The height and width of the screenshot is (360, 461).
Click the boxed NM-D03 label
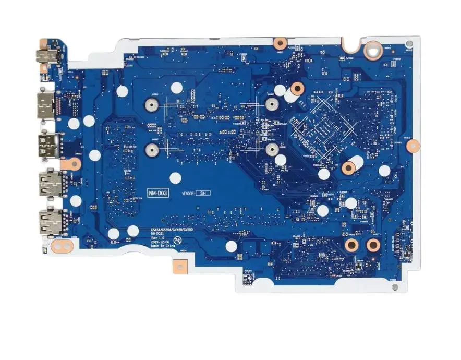tap(157, 194)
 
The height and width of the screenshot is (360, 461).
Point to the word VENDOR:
tap(188, 194)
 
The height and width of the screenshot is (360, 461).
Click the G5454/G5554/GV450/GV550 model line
tap(171, 230)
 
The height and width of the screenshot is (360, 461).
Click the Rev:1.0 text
tap(157, 238)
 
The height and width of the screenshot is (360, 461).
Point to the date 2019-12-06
tap(160, 242)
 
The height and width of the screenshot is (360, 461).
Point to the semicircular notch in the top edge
tap(352, 44)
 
